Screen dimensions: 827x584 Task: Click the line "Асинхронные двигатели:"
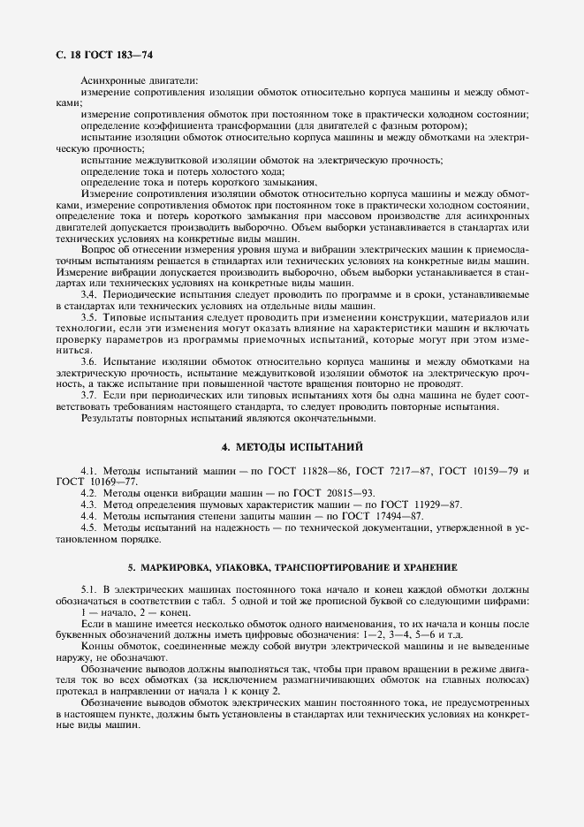pos(139,81)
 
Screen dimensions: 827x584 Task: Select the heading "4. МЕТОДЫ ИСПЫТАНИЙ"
pos(292,447)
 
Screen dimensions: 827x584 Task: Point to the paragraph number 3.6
pos(88,362)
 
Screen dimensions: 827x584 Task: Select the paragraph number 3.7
pos(88,396)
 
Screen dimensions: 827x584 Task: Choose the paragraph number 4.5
pos(88,527)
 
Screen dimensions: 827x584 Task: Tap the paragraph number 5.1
pos(88,588)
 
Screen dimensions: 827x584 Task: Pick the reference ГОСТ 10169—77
pos(95,482)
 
